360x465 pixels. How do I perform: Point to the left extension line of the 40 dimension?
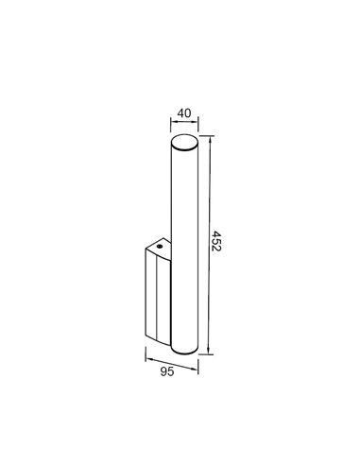point(170,129)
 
